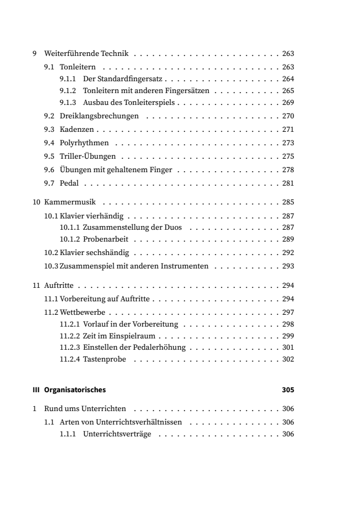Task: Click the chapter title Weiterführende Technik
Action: (x=85, y=54)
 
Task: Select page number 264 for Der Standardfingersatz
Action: (x=288, y=79)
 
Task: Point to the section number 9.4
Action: (x=49, y=144)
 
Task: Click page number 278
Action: (x=288, y=171)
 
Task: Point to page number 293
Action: (x=288, y=266)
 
